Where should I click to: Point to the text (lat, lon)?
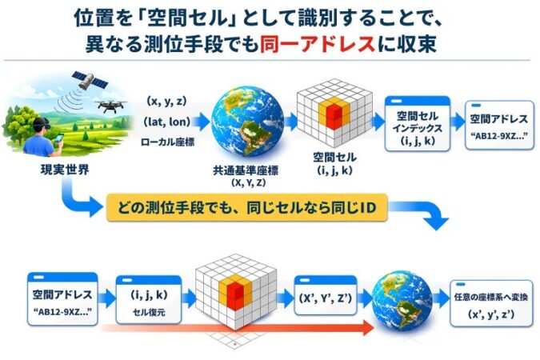click(x=166, y=121)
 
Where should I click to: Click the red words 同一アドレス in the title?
click(x=317, y=45)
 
